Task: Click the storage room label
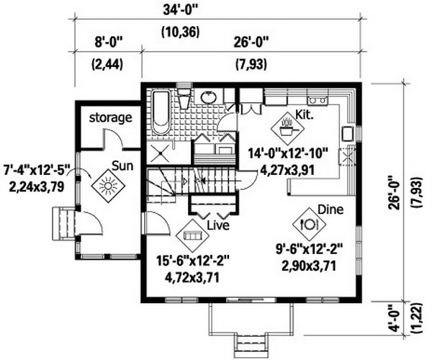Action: point(111,117)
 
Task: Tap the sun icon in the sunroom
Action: point(108,186)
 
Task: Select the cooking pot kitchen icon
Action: point(287,128)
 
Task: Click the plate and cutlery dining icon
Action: point(309,224)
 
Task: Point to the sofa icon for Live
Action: point(192,235)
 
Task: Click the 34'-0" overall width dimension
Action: point(181,11)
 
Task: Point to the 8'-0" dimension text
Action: point(107,43)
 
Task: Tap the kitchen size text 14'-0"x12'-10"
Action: point(288,153)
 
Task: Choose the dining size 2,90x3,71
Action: point(309,266)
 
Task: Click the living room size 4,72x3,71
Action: point(192,278)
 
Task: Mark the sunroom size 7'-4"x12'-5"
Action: point(37,170)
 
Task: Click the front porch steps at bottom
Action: point(251,346)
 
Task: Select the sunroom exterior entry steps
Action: point(63,224)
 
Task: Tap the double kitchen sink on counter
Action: point(318,99)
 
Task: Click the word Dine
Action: point(330,210)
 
